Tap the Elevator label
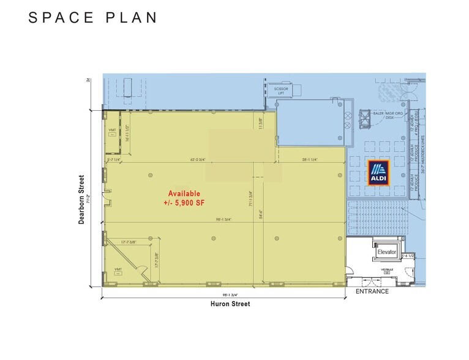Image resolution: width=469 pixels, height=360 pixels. (387, 252)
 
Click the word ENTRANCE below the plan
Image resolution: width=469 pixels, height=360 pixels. (372, 291)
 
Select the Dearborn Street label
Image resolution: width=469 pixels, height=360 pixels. (81, 200)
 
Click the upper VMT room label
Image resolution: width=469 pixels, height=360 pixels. (112, 130)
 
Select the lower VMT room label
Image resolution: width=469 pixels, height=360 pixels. (118, 269)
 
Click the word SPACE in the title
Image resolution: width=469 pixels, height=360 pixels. (62, 17)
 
